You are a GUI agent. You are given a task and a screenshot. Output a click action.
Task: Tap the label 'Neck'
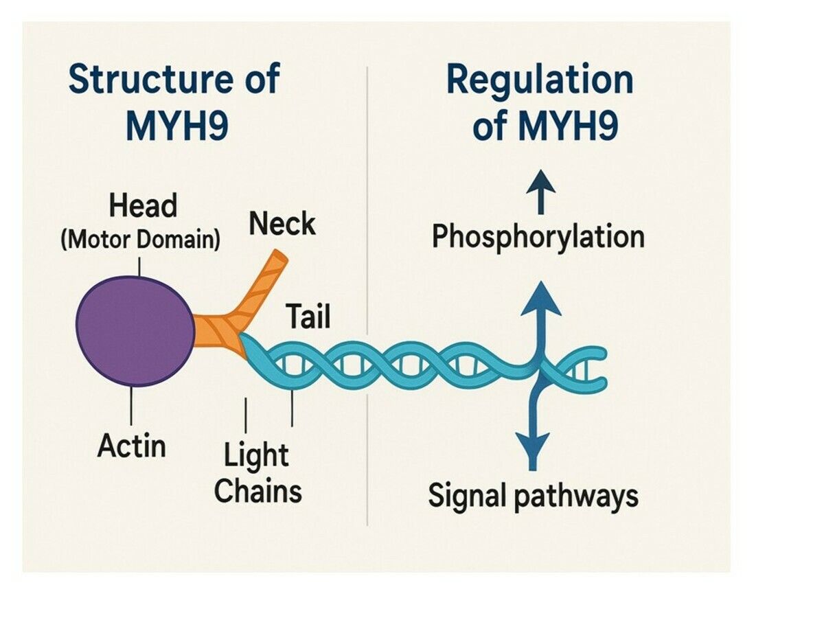pyautogui.click(x=282, y=225)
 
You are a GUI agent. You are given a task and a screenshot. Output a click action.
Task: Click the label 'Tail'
pyautogui.click(x=308, y=317)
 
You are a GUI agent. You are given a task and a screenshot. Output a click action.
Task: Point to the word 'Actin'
pyautogui.click(x=132, y=446)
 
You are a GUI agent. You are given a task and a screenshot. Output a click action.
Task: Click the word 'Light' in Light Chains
pyautogui.click(x=256, y=456)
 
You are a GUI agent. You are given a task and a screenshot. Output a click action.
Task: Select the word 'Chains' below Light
pyautogui.click(x=257, y=491)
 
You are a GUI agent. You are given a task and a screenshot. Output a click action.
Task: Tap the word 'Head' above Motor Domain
pyautogui.click(x=143, y=206)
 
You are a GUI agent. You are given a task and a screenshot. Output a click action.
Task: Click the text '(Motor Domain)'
pyautogui.click(x=140, y=240)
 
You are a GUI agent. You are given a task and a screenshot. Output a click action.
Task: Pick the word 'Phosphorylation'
pyautogui.click(x=538, y=237)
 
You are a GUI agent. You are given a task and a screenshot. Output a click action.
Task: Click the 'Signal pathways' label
pyautogui.click(x=533, y=496)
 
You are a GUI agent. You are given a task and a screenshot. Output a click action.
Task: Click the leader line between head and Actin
pyautogui.click(x=130, y=405)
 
